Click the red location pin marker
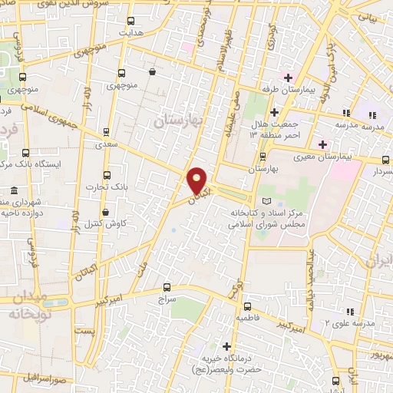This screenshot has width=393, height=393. [x=197, y=182]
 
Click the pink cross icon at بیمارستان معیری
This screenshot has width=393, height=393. [x=323, y=144]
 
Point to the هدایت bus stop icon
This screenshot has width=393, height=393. [x=130, y=21]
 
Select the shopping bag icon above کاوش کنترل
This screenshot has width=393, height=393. [x=104, y=211]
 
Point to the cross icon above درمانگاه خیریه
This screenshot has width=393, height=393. [x=226, y=345]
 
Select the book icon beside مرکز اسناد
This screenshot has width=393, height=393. [x=266, y=200]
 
